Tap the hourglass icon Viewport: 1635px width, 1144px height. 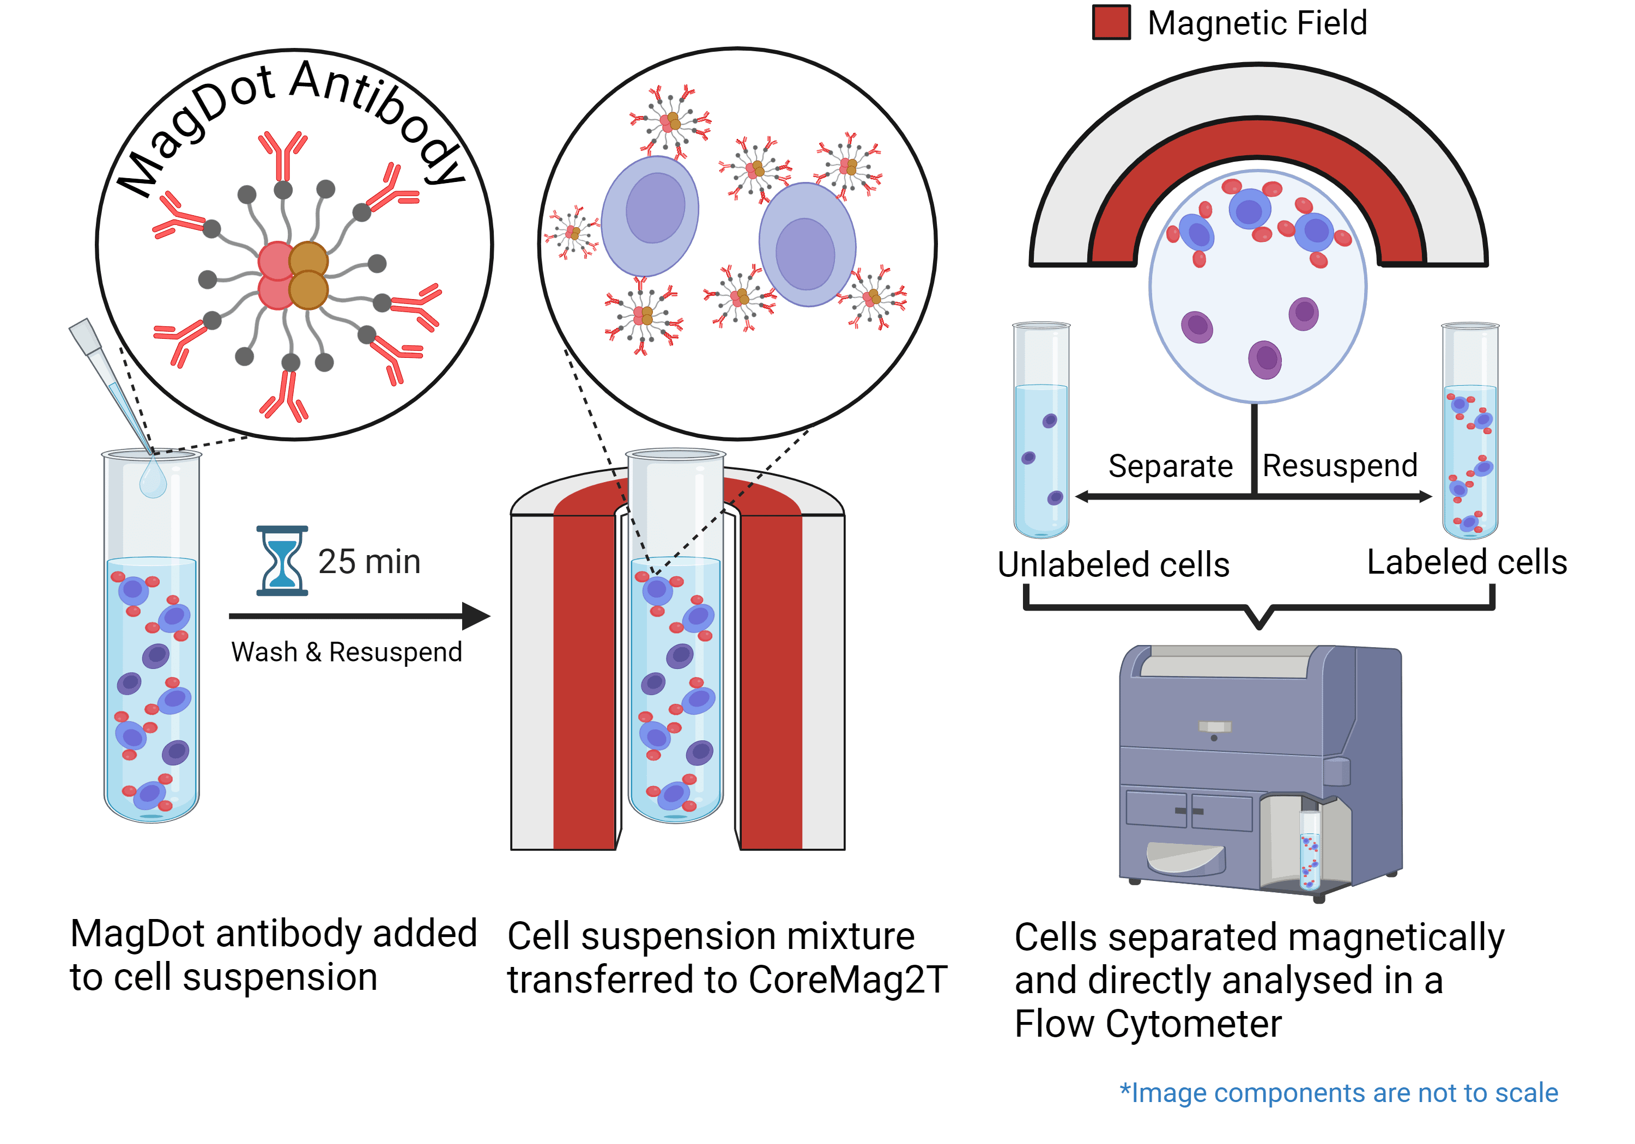coord(282,561)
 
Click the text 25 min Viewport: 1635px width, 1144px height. coord(369,562)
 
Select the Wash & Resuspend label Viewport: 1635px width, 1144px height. coord(346,652)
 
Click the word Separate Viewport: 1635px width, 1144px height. coord(1170,466)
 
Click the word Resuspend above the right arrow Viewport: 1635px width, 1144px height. coord(1340,466)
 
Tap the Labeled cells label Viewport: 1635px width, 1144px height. coord(1467,562)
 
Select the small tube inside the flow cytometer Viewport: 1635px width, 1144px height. coord(1310,851)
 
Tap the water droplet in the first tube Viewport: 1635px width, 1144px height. coord(153,478)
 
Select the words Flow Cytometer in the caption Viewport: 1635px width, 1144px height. coord(1148,1024)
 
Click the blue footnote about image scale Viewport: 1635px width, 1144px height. coord(1339,1092)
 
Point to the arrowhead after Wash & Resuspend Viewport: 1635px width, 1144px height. coord(476,616)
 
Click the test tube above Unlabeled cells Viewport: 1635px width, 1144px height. coord(1041,431)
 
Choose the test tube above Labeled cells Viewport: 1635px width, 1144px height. coord(1470,431)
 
